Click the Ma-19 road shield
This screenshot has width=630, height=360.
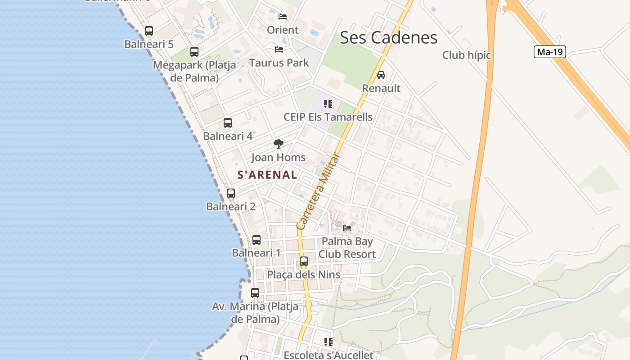point(549,52)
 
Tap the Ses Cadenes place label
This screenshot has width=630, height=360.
point(388,37)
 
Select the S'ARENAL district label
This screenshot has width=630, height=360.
point(267,175)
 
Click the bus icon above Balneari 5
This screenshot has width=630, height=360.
point(149,31)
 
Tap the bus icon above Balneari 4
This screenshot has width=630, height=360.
point(228,123)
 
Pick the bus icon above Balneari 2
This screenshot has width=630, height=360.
point(231,193)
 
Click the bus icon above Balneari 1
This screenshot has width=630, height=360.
point(256,240)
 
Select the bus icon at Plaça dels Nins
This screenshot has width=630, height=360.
point(304,261)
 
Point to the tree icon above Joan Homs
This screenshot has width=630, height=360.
point(279,144)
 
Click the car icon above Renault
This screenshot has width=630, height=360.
point(381,75)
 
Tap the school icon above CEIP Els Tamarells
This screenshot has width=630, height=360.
point(328,104)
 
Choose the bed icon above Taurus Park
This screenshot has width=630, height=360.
point(279,49)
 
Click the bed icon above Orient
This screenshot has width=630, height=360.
point(283,17)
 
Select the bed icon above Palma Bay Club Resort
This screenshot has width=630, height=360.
point(347,228)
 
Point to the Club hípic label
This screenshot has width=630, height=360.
point(466,55)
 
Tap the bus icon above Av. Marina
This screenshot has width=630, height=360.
point(255,293)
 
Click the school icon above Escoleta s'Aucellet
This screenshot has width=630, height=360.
point(328,342)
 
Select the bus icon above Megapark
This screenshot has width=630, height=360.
point(194,52)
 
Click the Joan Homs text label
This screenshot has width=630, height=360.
point(278,157)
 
